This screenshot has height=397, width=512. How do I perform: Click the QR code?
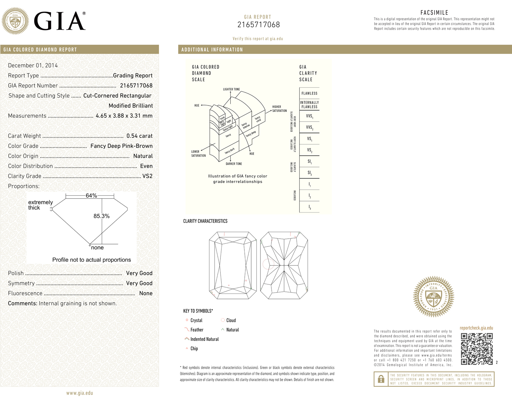point(477,349)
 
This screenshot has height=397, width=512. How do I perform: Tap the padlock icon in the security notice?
point(381,379)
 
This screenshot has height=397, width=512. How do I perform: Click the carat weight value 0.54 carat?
point(139,136)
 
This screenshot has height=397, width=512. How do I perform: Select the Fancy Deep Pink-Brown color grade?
point(121,146)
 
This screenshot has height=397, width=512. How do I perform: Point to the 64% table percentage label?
point(91,196)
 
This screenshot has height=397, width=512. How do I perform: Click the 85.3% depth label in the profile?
point(101,216)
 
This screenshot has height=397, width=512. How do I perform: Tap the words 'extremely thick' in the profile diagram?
point(40,205)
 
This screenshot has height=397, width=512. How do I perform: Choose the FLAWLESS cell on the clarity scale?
point(309,93)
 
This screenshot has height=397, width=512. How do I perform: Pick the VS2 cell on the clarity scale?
point(309,150)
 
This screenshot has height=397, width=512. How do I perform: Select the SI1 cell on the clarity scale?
point(309,161)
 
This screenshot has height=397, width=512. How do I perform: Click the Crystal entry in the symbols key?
point(196,321)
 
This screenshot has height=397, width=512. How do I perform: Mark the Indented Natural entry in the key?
point(204,339)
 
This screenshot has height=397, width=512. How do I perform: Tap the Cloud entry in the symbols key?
point(231,321)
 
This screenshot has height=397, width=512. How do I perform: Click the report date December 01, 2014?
point(33,66)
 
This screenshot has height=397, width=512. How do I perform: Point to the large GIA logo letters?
point(59,22)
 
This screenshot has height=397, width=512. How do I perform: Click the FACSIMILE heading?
point(434,13)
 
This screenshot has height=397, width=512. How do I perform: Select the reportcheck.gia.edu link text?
point(476,328)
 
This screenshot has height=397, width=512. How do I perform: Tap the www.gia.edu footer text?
point(80,393)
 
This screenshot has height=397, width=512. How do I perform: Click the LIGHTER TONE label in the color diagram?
point(231,89)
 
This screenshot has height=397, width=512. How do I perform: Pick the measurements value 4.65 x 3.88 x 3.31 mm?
point(124,116)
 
